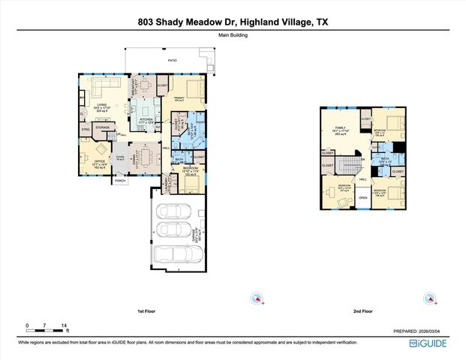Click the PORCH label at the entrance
coord(119,181)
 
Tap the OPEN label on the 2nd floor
coord(362,197)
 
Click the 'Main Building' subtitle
coord(233,34)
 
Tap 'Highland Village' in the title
coord(267,22)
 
